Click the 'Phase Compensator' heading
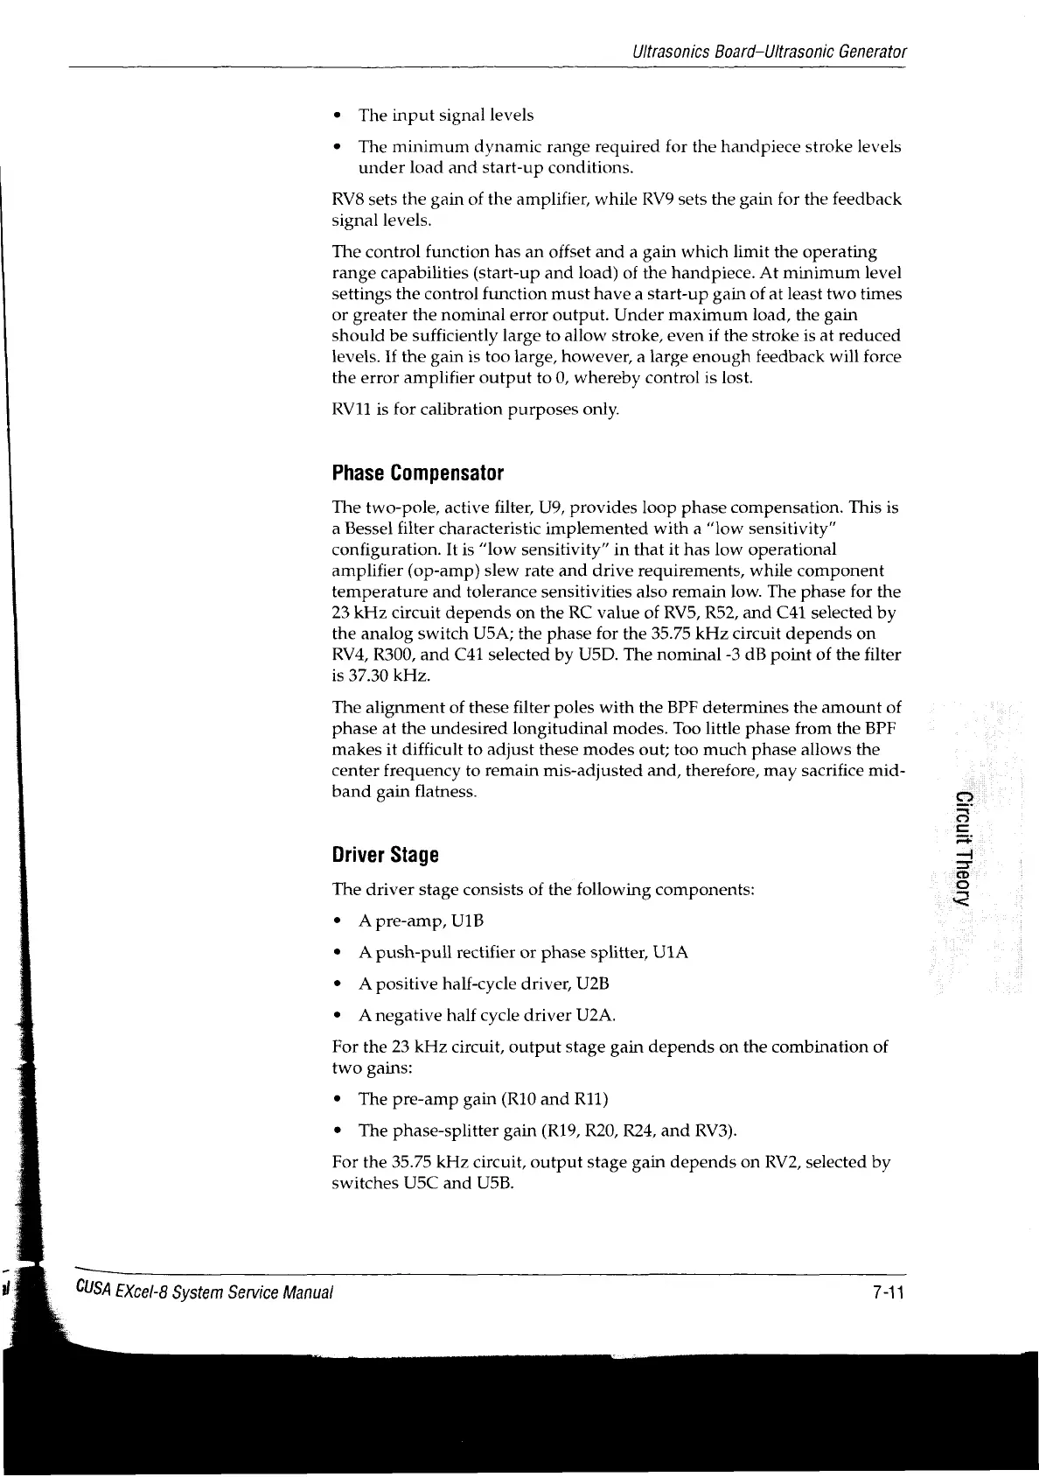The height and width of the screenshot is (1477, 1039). click(x=418, y=474)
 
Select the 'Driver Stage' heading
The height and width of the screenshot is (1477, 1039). click(x=385, y=855)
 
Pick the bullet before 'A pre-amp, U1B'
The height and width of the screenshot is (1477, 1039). click(x=338, y=921)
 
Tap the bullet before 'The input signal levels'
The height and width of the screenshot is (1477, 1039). click(x=338, y=115)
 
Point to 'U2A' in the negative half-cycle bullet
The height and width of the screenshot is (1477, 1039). click(x=599, y=1015)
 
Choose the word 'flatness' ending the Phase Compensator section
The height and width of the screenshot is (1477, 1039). click(x=446, y=792)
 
